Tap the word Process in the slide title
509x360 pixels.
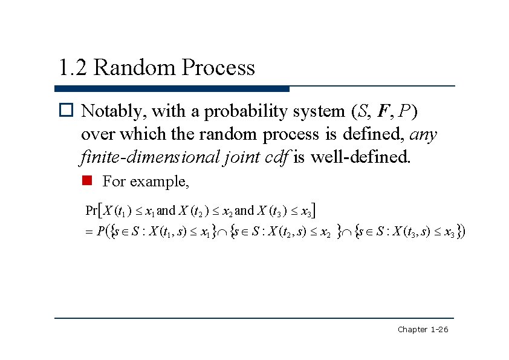tap(218, 67)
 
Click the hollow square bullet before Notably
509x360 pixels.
tap(66, 112)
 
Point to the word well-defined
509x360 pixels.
tap(360, 157)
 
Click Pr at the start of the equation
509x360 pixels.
tap(93, 211)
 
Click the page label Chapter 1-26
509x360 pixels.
tap(423, 329)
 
